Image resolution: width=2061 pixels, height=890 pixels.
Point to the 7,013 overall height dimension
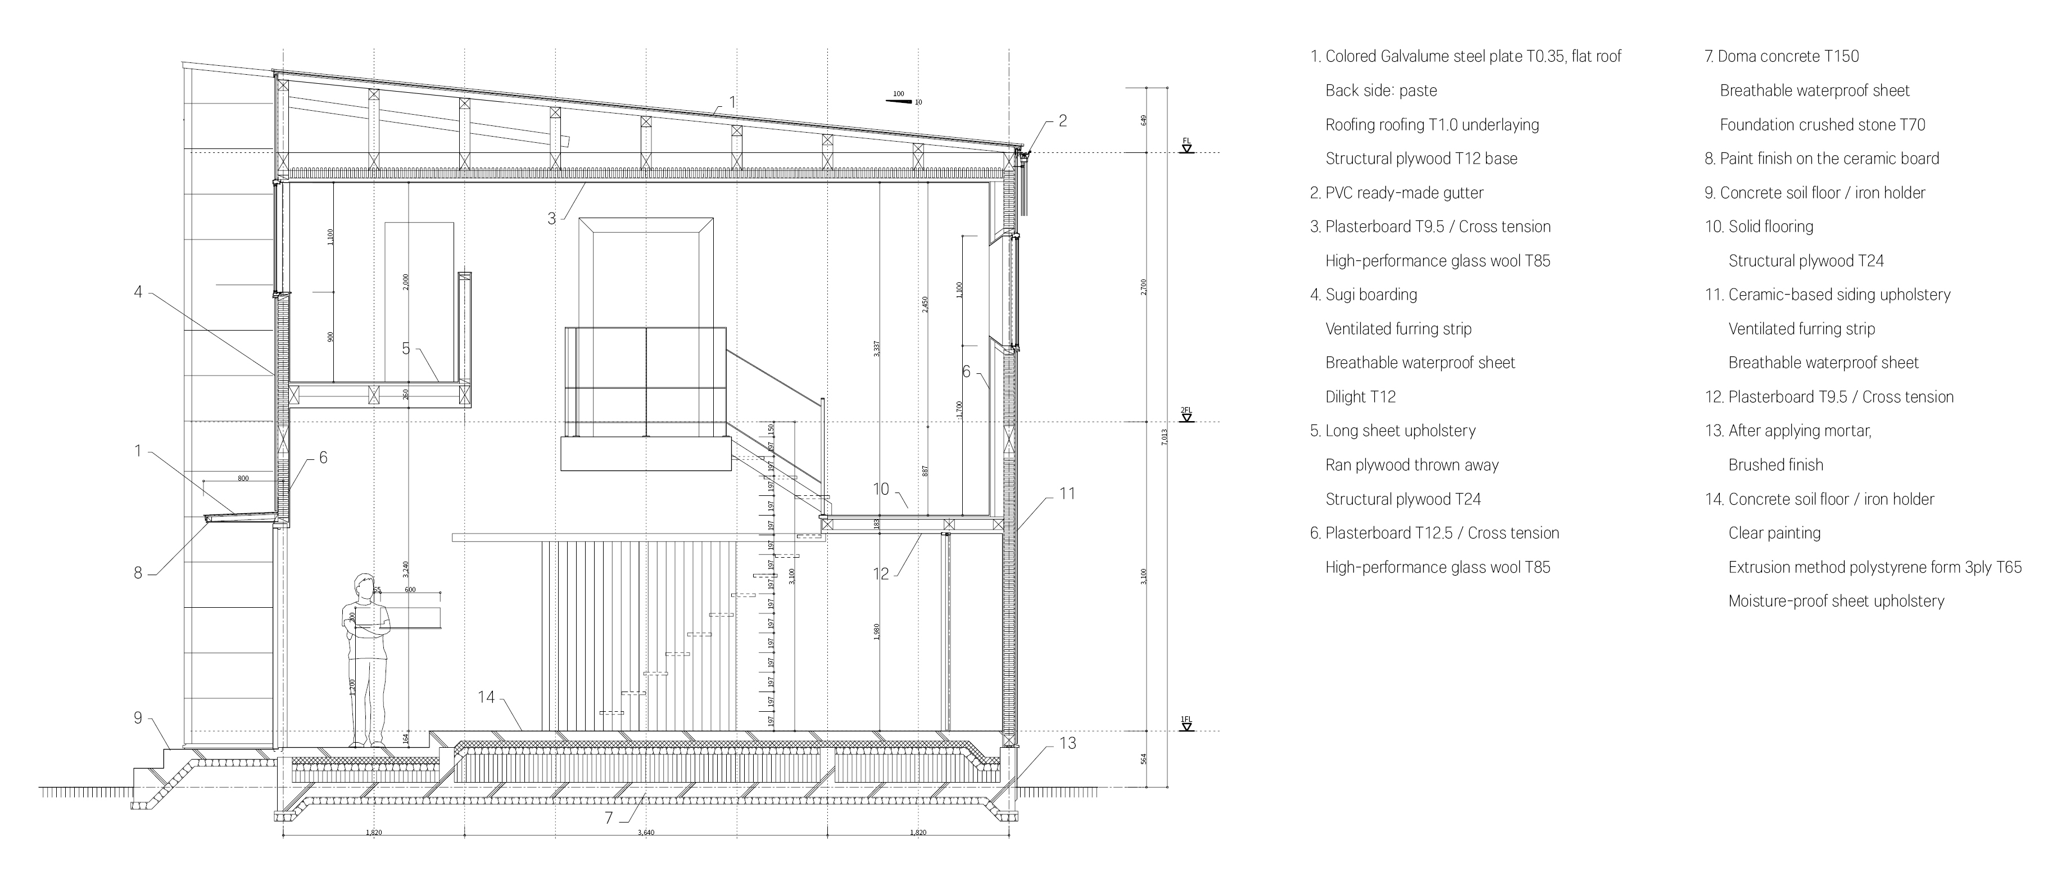pyautogui.click(x=1164, y=437)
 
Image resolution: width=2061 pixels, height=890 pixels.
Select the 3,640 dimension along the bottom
pyautogui.click(x=646, y=833)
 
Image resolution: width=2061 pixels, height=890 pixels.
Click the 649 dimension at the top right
pyautogui.click(x=1144, y=120)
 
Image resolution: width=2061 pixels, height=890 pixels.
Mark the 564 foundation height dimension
pyautogui.click(x=1144, y=759)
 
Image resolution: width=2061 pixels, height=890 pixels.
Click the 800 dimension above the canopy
pyautogui.click(x=243, y=478)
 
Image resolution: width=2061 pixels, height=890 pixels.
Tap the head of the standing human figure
pyautogui.click(x=364, y=584)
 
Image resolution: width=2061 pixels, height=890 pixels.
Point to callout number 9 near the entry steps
pyautogui.click(x=138, y=718)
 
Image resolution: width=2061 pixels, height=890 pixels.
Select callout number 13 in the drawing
pyautogui.click(x=1067, y=743)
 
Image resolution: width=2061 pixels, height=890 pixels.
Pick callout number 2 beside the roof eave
pyautogui.click(x=1062, y=121)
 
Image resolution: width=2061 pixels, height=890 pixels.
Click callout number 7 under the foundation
pyautogui.click(x=609, y=818)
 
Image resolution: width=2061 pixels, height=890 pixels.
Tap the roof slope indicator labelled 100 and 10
pyautogui.click(x=904, y=98)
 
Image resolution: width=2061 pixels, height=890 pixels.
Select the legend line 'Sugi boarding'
pyautogui.click(x=1370, y=295)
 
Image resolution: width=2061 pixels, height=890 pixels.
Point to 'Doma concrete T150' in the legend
pyautogui.click(x=1788, y=57)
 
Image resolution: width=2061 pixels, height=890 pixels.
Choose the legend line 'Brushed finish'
pyautogui.click(x=1775, y=465)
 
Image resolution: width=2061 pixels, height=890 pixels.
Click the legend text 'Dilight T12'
pyautogui.click(x=1360, y=397)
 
